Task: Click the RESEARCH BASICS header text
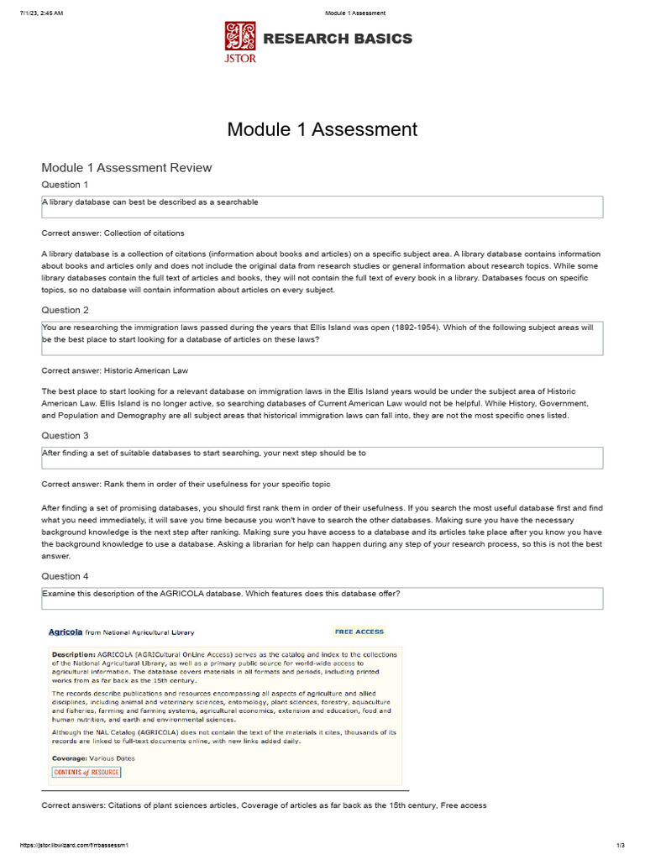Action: pyautogui.click(x=338, y=39)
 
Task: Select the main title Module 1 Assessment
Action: pyautogui.click(x=322, y=129)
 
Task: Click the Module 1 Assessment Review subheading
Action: pyautogui.click(x=127, y=168)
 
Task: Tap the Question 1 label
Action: pyautogui.click(x=66, y=185)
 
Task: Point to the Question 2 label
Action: pyautogui.click(x=66, y=310)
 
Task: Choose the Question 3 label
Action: pyautogui.click(x=66, y=436)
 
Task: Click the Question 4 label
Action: pyautogui.click(x=66, y=577)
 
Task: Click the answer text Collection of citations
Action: pyautogui.click(x=144, y=233)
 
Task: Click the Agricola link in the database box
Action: pyautogui.click(x=66, y=632)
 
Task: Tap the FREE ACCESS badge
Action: pyautogui.click(x=359, y=632)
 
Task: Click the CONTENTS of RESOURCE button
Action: pyautogui.click(x=86, y=773)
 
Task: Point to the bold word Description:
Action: pyautogui.click(x=73, y=653)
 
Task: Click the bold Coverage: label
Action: pyautogui.click(x=70, y=758)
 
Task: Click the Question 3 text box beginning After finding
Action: pyautogui.click(x=322, y=458)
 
